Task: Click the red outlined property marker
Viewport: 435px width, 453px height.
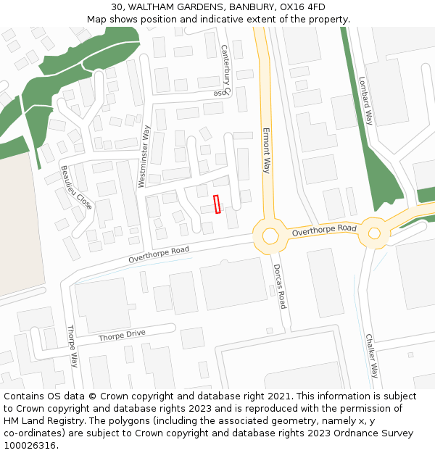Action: click(x=217, y=204)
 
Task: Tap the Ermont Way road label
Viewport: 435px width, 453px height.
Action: click(x=266, y=151)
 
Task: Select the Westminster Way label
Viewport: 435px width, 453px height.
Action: click(x=145, y=157)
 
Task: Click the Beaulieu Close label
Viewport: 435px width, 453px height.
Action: click(x=76, y=187)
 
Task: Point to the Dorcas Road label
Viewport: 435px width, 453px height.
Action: click(x=279, y=286)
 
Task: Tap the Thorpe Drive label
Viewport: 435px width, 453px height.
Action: click(x=122, y=336)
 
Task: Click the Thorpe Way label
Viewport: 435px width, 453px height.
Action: click(x=72, y=346)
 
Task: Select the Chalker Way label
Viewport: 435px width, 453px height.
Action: click(x=371, y=355)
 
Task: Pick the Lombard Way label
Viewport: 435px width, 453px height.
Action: click(x=365, y=101)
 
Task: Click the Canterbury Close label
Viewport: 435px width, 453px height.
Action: click(x=225, y=70)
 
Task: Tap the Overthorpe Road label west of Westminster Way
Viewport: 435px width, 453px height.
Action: click(x=159, y=254)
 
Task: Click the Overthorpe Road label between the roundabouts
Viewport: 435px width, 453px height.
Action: click(x=324, y=230)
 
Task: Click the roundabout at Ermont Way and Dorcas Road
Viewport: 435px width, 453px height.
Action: click(x=270, y=235)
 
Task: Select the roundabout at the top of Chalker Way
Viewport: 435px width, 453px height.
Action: click(x=374, y=233)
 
